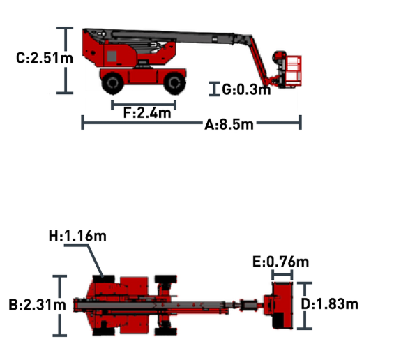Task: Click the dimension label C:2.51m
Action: point(45,58)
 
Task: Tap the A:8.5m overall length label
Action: point(229,124)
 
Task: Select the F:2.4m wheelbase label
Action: point(147,112)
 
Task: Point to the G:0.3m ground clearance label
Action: point(246,89)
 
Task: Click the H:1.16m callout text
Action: point(77,236)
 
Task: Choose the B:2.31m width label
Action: point(37,305)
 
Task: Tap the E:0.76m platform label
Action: point(280,262)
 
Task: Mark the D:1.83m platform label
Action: point(329,304)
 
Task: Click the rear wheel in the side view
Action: point(113,83)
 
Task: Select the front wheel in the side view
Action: point(174,83)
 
